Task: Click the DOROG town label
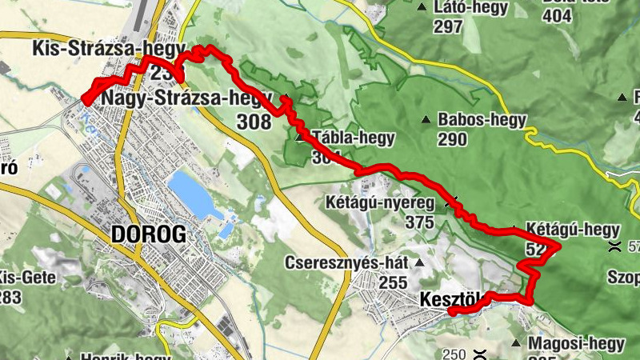coord(149,234)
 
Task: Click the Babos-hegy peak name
coord(482,120)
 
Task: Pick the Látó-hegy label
coord(471,8)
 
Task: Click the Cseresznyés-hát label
coord(347,262)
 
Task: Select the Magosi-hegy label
coord(577,343)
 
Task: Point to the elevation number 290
coord(452,139)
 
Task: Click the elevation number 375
coord(419,222)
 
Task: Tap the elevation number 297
coord(449,27)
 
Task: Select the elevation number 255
coord(392,282)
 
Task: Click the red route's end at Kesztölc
coord(451,311)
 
